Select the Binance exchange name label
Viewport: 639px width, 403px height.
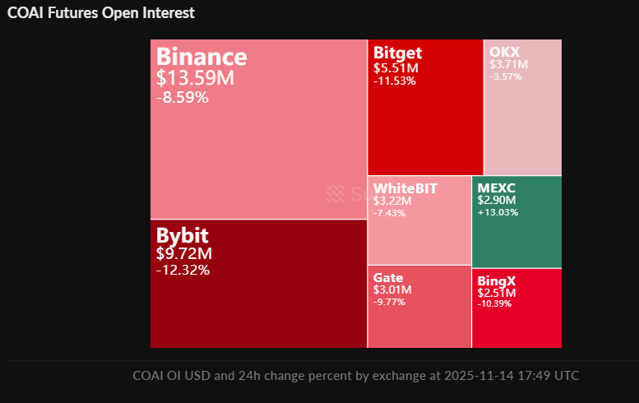[x=201, y=57]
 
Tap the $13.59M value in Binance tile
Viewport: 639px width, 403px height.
[x=195, y=78]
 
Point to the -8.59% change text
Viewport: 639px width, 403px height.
[x=182, y=97]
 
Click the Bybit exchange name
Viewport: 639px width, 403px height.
[x=182, y=234]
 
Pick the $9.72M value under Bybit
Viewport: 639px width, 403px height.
[x=184, y=253]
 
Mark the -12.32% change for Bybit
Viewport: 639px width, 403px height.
[x=183, y=270]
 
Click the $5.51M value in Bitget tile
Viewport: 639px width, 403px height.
[x=396, y=68]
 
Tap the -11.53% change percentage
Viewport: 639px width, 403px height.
[x=394, y=81]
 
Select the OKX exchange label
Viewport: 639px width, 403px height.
[x=504, y=52]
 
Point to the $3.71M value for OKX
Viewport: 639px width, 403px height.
[x=508, y=64]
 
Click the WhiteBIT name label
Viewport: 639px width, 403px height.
[x=405, y=188]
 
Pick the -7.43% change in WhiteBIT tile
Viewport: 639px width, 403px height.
[x=390, y=213]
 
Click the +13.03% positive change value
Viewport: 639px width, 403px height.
[x=498, y=211]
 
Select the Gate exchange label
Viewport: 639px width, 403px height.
[x=388, y=278]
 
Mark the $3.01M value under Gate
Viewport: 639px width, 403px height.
[x=392, y=290]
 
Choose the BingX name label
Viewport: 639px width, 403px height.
[x=497, y=280]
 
